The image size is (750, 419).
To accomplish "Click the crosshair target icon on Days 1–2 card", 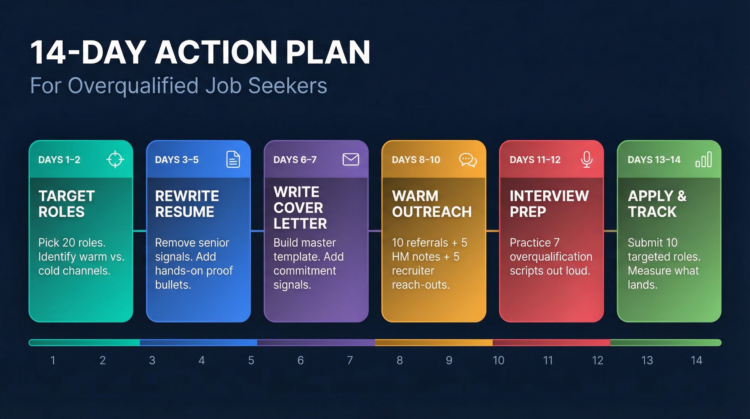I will click(115, 160).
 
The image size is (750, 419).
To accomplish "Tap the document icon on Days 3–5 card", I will click(233, 160).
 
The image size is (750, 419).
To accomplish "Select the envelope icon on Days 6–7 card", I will click(351, 160).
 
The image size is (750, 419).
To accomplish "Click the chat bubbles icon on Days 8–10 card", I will click(468, 160).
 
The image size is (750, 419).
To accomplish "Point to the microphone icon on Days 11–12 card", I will click(586, 160).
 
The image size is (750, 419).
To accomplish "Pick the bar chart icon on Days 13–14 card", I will click(703, 160).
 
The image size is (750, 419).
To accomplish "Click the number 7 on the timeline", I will click(350, 360).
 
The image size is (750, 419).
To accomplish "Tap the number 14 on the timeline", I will click(696, 360).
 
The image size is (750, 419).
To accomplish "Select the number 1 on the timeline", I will click(53, 360).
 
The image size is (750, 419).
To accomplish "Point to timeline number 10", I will click(498, 360).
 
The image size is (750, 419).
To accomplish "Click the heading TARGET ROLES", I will click(66, 204).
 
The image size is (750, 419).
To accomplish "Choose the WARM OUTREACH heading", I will click(432, 204).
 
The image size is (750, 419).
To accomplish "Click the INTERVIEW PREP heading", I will click(549, 204).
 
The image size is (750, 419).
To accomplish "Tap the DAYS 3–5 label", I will click(177, 160).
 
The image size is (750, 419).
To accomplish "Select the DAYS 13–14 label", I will click(654, 160).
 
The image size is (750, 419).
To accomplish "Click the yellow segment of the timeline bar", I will click(433, 342).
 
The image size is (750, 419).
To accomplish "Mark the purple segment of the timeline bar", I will click(316, 342).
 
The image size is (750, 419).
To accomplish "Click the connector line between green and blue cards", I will click(139, 231).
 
